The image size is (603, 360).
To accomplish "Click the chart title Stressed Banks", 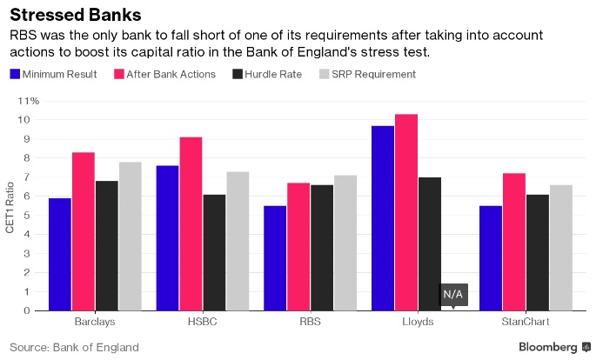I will point(76,15).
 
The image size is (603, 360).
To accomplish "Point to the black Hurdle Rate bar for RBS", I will point(322,247).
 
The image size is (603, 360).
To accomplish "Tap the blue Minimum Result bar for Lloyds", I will point(383,217).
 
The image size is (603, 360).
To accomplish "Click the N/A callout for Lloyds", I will point(453,295).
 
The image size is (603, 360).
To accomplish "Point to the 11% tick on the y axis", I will point(29,100).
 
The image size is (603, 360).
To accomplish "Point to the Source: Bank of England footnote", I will point(73,347).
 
